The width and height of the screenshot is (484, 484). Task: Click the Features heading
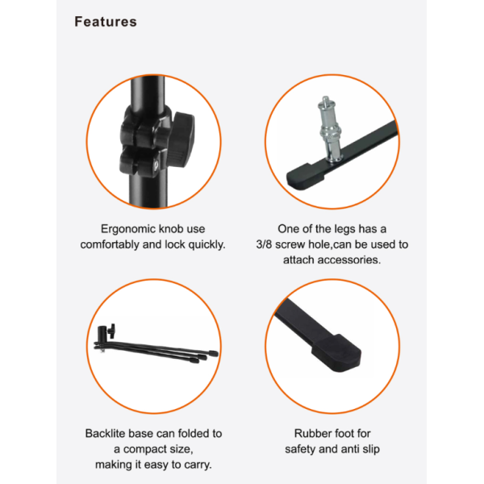106,22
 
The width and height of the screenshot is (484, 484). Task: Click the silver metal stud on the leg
328,130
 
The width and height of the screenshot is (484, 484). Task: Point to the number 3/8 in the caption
264,244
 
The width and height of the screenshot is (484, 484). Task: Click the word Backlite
105,433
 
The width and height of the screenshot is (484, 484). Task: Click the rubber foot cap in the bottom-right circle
336,353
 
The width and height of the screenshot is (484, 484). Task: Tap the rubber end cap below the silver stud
306,176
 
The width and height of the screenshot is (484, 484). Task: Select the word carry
198,465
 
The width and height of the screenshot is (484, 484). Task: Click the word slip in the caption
371,449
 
